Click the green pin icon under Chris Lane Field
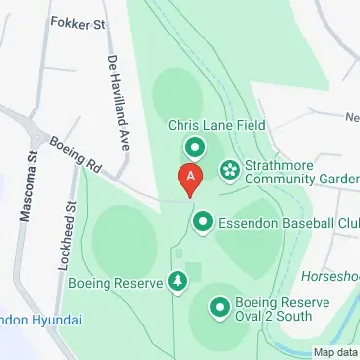click(194, 149)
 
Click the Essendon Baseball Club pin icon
click(202, 223)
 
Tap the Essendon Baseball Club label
click(287, 223)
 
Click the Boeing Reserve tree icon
click(178, 283)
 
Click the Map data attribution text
click(335, 352)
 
